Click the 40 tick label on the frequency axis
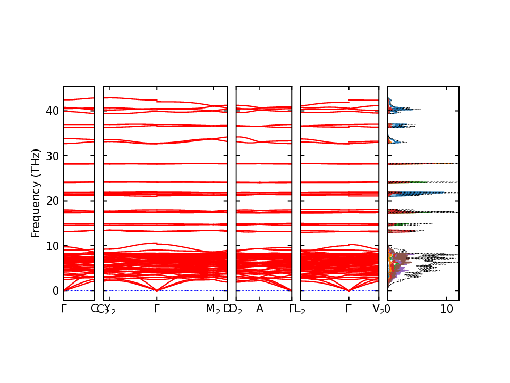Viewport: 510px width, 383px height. tap(52, 111)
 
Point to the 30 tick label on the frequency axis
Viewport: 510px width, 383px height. tap(52, 156)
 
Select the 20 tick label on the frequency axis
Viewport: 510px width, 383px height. tap(52, 201)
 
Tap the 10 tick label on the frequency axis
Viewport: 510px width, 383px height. tap(52, 246)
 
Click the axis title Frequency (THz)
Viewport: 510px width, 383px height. tap(36, 193)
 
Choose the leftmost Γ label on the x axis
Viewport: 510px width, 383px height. tap(64, 309)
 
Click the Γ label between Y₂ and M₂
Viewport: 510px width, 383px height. tap(157, 309)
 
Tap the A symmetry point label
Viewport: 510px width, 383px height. tap(260, 309)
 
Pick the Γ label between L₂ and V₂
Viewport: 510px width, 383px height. tap(348, 309)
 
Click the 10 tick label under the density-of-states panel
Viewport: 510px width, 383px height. tap(447, 309)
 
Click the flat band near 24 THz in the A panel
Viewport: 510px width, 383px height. tap(264, 182)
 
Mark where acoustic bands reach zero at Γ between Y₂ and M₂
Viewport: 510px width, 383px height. tap(157, 290)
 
